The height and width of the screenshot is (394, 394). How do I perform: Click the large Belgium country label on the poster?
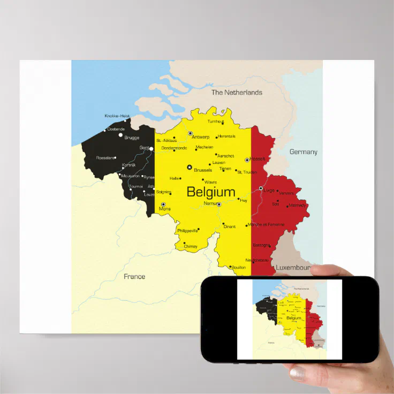211,192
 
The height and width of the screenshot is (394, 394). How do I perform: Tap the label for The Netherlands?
237,93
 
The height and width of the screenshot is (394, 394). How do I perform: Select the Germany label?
303,152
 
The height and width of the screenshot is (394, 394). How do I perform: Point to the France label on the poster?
134,277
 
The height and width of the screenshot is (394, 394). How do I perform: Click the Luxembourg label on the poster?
293,267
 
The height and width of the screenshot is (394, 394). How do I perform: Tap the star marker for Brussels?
189,167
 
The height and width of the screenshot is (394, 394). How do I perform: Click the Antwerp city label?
201,137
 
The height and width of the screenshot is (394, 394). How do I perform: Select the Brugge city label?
132,138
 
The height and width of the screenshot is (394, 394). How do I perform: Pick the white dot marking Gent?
151,149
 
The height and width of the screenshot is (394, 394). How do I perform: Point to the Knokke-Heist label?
117,116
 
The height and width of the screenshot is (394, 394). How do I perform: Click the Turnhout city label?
216,122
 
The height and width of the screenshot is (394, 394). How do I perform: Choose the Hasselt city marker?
247,160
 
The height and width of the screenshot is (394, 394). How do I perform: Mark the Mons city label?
165,209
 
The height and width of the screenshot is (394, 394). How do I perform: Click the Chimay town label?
191,247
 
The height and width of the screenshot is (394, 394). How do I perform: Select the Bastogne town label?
261,245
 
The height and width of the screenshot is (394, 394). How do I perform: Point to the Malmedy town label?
298,205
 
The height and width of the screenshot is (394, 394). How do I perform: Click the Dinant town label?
229,226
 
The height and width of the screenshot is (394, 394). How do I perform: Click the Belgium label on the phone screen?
294,318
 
